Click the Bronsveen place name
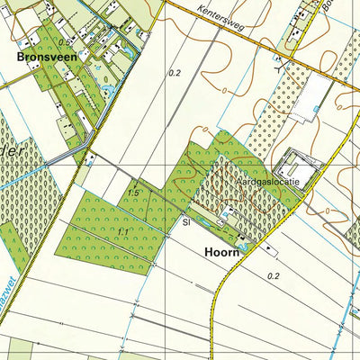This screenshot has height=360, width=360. pyautogui.click(x=45, y=55)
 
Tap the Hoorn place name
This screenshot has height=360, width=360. pyautogui.click(x=220, y=254)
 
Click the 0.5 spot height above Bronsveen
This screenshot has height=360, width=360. pyautogui.click(x=64, y=42)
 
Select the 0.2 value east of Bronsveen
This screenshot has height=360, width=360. pyautogui.click(x=175, y=73)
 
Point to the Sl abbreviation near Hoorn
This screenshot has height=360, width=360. pyautogui.click(x=184, y=220)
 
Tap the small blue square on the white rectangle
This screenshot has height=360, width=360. pyautogui.click(x=315, y=109)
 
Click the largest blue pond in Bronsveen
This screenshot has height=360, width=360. pyautogui.click(x=108, y=89)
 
